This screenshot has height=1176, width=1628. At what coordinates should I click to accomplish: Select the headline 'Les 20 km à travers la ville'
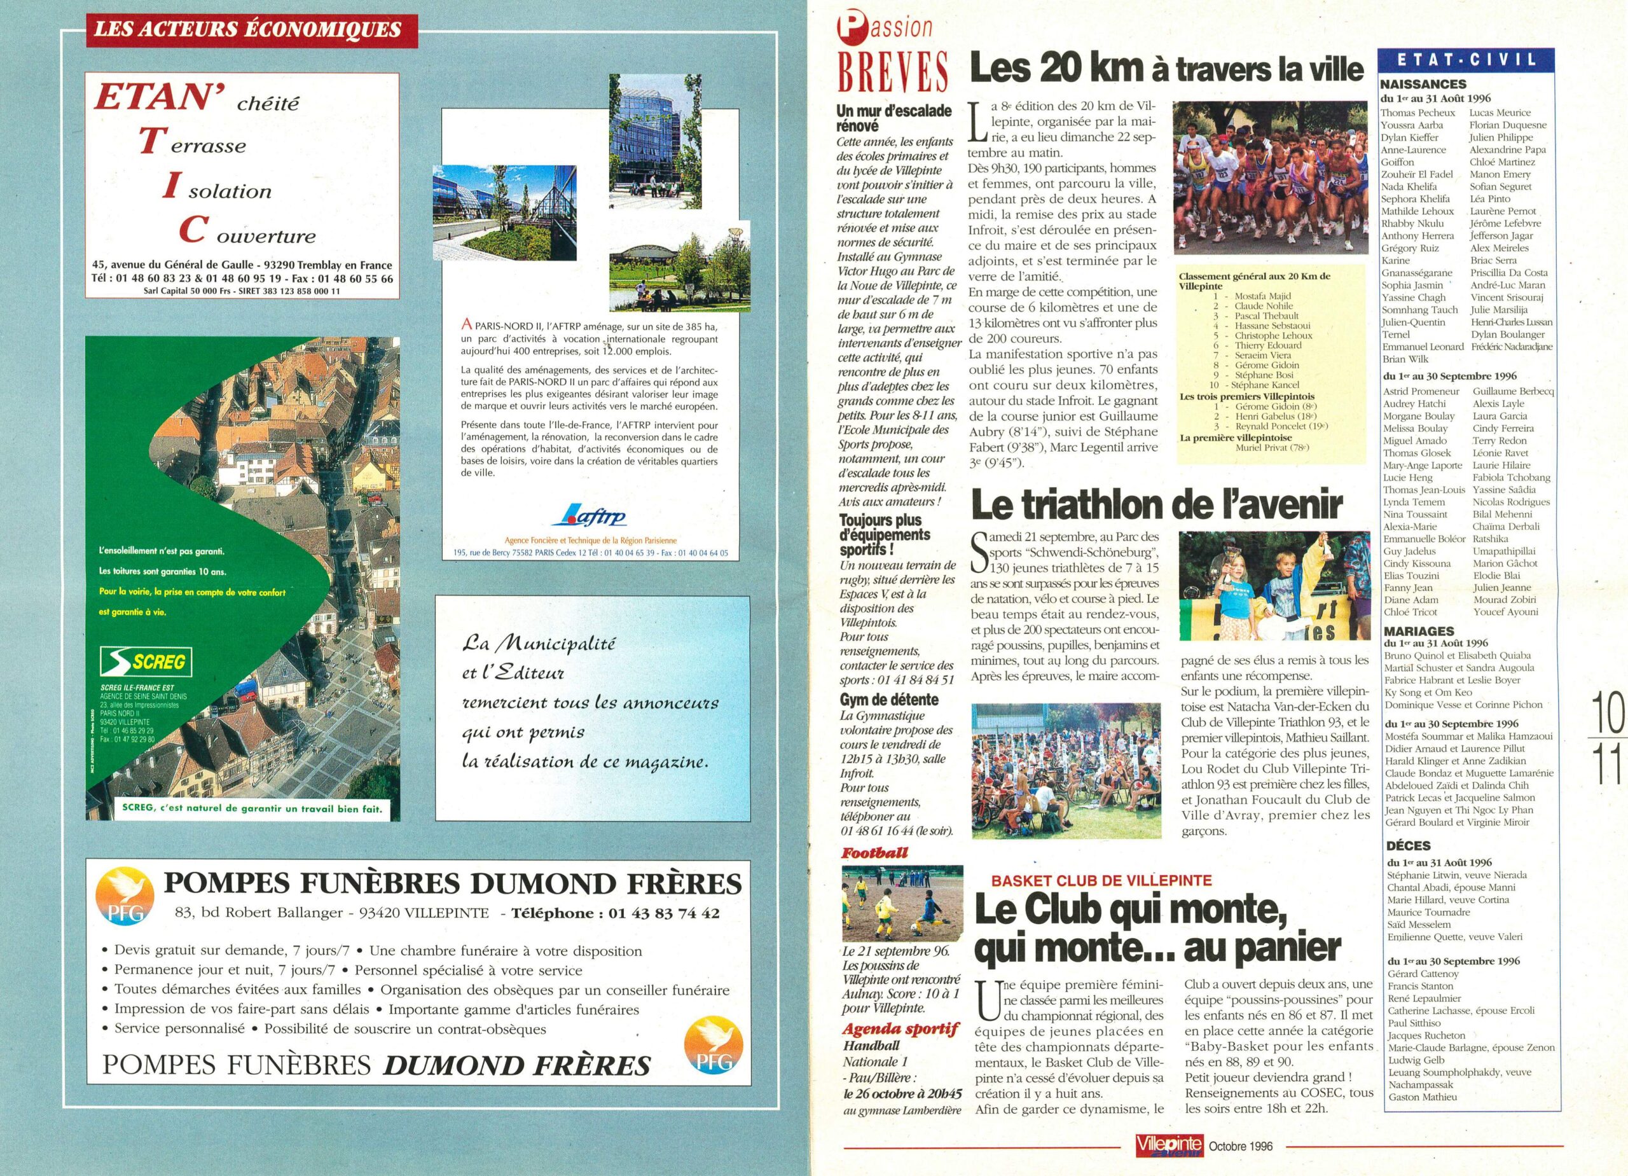(x=1166, y=69)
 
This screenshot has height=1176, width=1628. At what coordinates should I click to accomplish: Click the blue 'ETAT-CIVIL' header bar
(x=1465, y=59)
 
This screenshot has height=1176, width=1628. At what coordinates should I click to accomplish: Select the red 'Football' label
(x=874, y=854)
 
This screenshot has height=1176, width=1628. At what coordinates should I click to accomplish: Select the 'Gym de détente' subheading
(x=888, y=699)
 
